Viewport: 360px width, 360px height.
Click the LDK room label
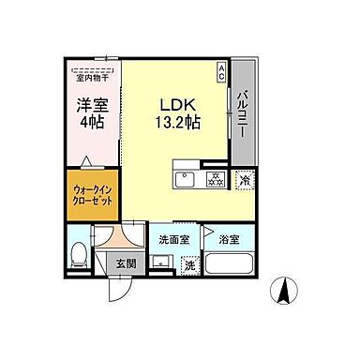[173, 103]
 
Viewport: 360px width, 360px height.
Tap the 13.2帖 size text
[174, 122]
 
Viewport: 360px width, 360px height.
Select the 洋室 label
[89, 105]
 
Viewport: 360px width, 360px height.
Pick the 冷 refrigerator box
[243, 179]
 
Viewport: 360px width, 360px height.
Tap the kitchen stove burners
[214, 178]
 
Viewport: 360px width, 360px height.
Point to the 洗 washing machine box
[189, 265]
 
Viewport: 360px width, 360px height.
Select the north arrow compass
[280, 292]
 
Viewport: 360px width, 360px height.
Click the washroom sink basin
[162, 263]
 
